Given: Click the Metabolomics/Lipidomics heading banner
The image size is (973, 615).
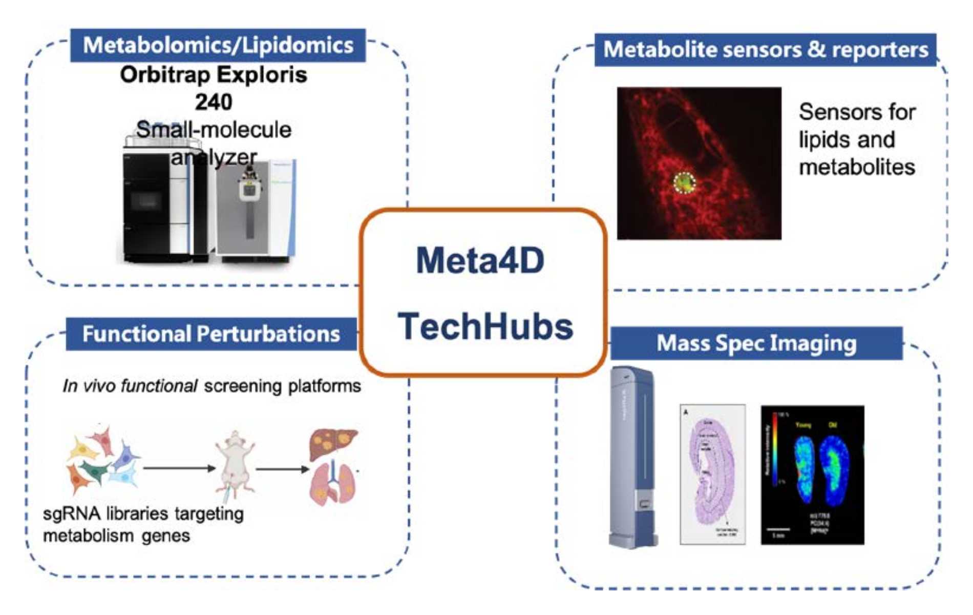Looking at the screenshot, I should pos(218,46).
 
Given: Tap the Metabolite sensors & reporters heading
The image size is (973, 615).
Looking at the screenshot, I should pos(765,50).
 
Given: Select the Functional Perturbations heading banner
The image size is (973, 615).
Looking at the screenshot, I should pos(211,334).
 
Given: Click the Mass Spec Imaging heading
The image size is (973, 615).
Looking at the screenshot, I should pos(756,343).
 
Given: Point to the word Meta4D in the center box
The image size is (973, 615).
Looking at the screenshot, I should pos(480,260).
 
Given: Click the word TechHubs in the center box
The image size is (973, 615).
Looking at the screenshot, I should pos(485,326).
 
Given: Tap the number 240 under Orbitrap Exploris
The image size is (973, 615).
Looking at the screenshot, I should pos(213,102).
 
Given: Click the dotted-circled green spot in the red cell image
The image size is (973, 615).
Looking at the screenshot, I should pos(684,182).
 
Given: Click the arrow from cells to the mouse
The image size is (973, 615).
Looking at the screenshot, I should pos(179,468).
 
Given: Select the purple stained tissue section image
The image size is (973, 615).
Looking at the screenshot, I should pos(712,474).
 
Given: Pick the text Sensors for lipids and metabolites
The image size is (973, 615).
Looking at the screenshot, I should pos(857,139).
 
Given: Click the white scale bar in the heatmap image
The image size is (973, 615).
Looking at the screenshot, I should pos(778,529).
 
